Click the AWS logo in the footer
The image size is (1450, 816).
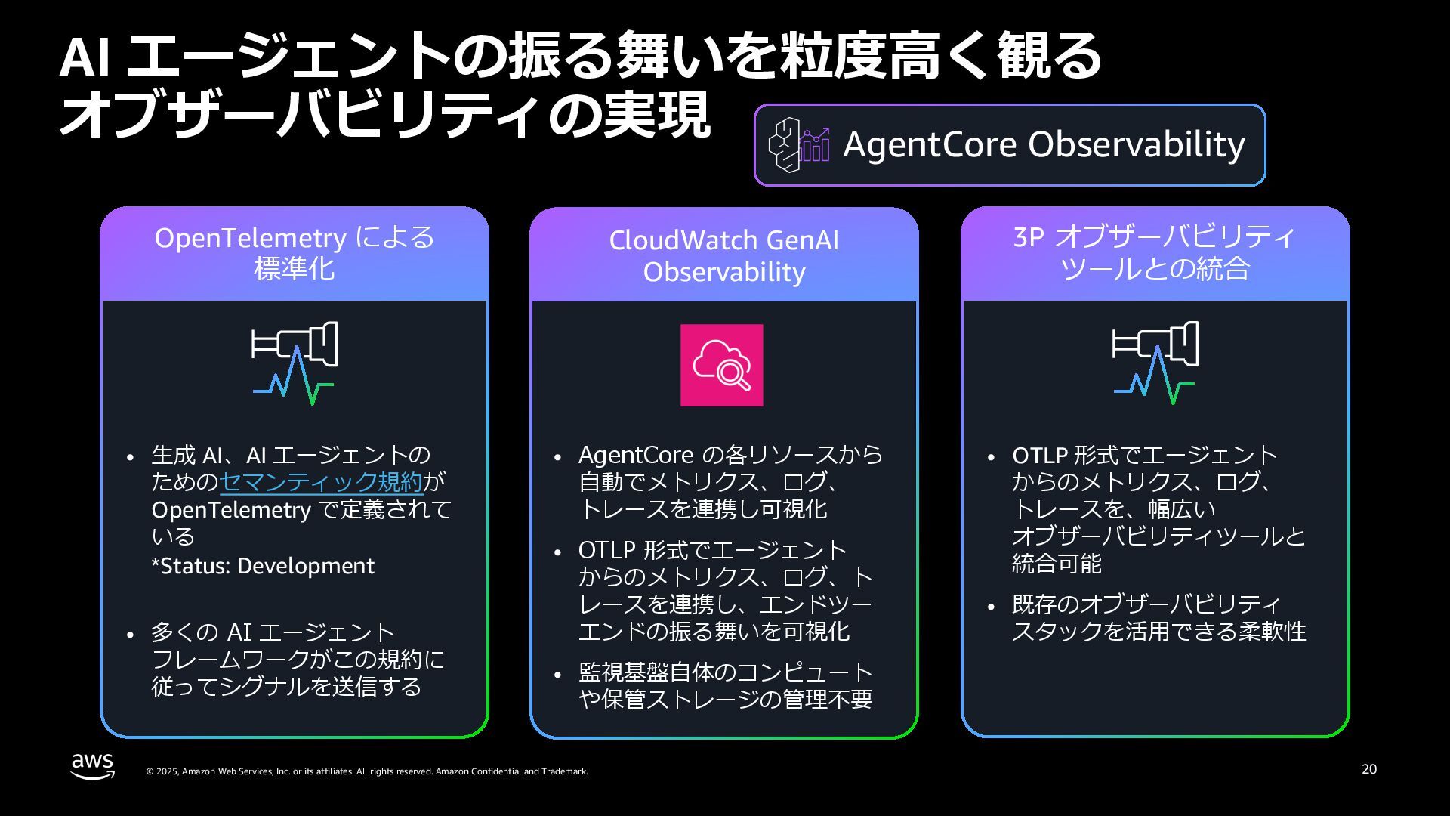pyautogui.click(x=93, y=765)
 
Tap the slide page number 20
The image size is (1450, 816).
pyautogui.click(x=1369, y=769)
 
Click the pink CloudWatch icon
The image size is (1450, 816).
pyautogui.click(x=721, y=365)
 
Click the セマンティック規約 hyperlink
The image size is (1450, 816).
pyautogui.click(x=321, y=482)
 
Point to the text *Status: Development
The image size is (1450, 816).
pyautogui.click(x=263, y=566)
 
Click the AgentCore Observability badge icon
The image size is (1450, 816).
pyautogui.click(x=799, y=144)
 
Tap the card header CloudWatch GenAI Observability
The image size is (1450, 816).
pyautogui.click(x=723, y=255)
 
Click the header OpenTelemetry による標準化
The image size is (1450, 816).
pyautogui.click(x=295, y=252)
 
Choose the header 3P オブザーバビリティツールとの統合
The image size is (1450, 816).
pyautogui.click(x=1155, y=252)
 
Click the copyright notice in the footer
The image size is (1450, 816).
pyautogui.click(x=366, y=771)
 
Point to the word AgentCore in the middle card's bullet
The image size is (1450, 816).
pyautogui.click(x=636, y=455)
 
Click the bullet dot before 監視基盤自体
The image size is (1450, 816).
pyautogui.click(x=558, y=675)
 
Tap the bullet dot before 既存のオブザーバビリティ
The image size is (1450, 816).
pyautogui.click(x=992, y=606)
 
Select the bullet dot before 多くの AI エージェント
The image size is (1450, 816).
pyautogui.click(x=131, y=634)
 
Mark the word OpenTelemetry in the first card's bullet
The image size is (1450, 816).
pyautogui.click(x=231, y=510)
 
